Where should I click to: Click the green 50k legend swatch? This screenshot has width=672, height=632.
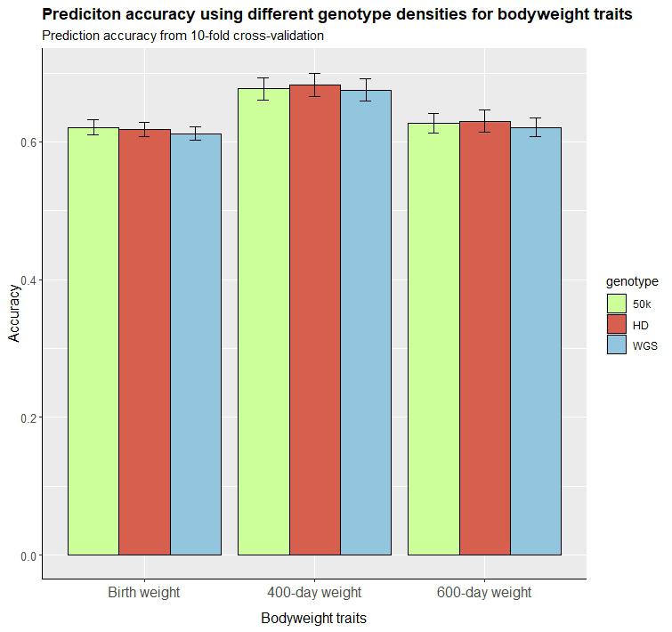click(x=618, y=304)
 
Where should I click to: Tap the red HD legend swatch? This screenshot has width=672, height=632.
click(x=618, y=325)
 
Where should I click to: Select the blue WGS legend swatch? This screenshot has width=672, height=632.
click(x=618, y=345)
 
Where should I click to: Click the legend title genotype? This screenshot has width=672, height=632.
click(x=632, y=281)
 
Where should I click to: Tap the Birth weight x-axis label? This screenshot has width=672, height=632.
click(x=144, y=593)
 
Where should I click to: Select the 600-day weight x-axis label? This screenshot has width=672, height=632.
click(x=484, y=593)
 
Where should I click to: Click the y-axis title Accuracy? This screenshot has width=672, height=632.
click(x=14, y=312)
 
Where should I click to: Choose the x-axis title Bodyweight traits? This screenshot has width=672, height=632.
click(x=313, y=618)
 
